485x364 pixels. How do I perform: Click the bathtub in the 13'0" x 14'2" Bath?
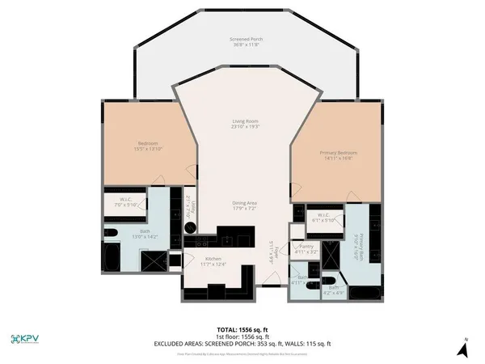click(112, 259)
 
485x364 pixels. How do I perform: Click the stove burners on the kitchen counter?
click(228, 240)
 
